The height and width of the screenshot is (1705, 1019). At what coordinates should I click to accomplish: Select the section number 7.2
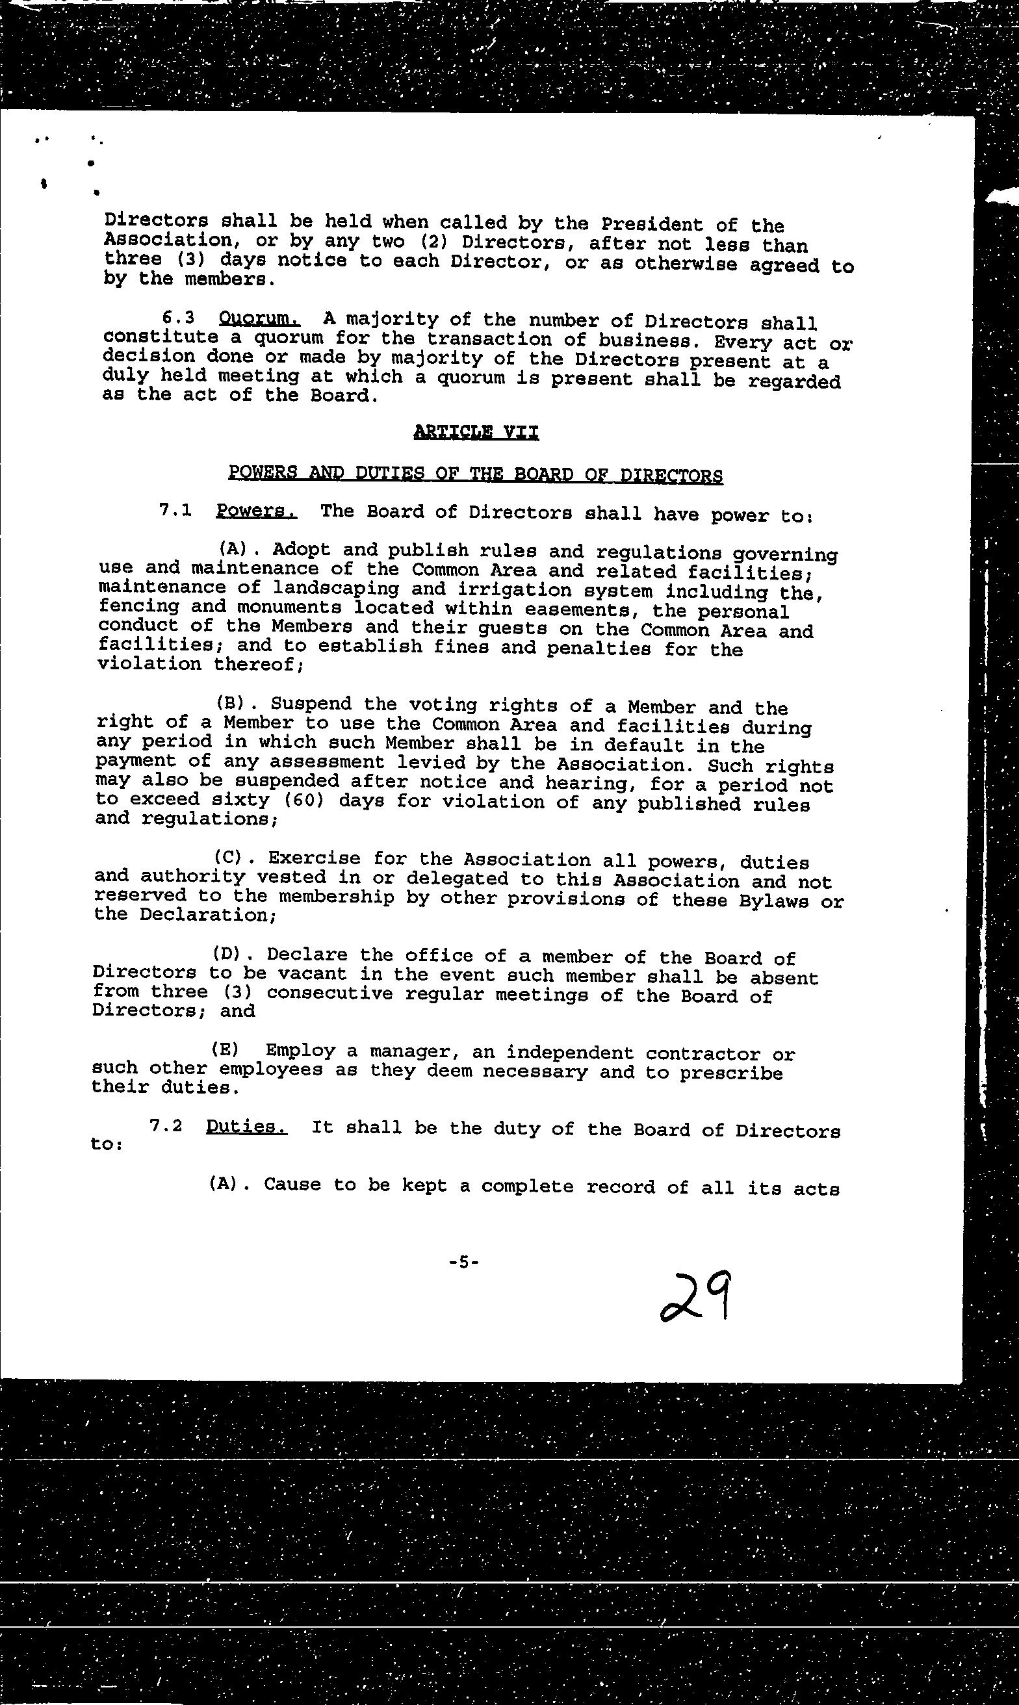(x=166, y=1125)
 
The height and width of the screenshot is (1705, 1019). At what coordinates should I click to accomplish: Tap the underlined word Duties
(x=246, y=1127)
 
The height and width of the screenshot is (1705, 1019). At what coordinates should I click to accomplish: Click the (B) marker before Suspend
(x=231, y=703)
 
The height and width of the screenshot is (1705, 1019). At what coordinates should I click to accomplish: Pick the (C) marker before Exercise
(x=229, y=857)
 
